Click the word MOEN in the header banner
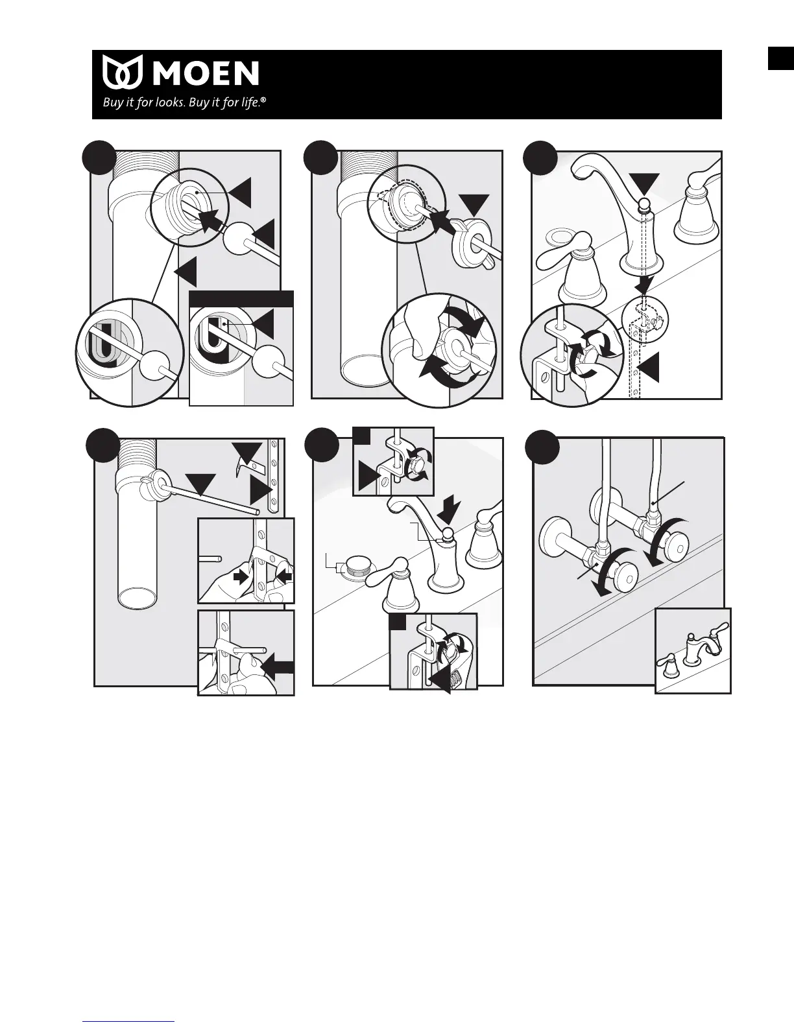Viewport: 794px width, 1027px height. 206,73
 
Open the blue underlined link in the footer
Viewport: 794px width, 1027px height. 129,1021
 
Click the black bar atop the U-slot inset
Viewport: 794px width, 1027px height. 241,298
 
